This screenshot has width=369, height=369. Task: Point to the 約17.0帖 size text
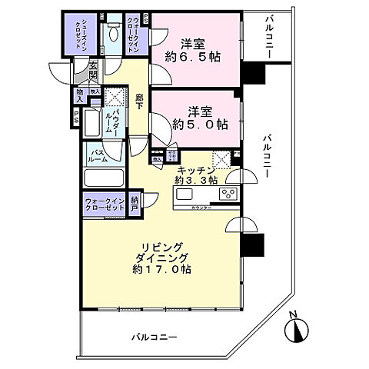point(161,270)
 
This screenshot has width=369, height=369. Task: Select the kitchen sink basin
point(189,195)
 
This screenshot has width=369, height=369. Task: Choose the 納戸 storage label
point(135,204)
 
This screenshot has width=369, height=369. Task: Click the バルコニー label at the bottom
point(154,337)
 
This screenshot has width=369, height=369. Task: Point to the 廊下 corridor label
point(139,100)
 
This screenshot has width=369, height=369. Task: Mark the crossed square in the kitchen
point(221,158)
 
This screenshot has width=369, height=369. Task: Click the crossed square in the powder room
point(117,98)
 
